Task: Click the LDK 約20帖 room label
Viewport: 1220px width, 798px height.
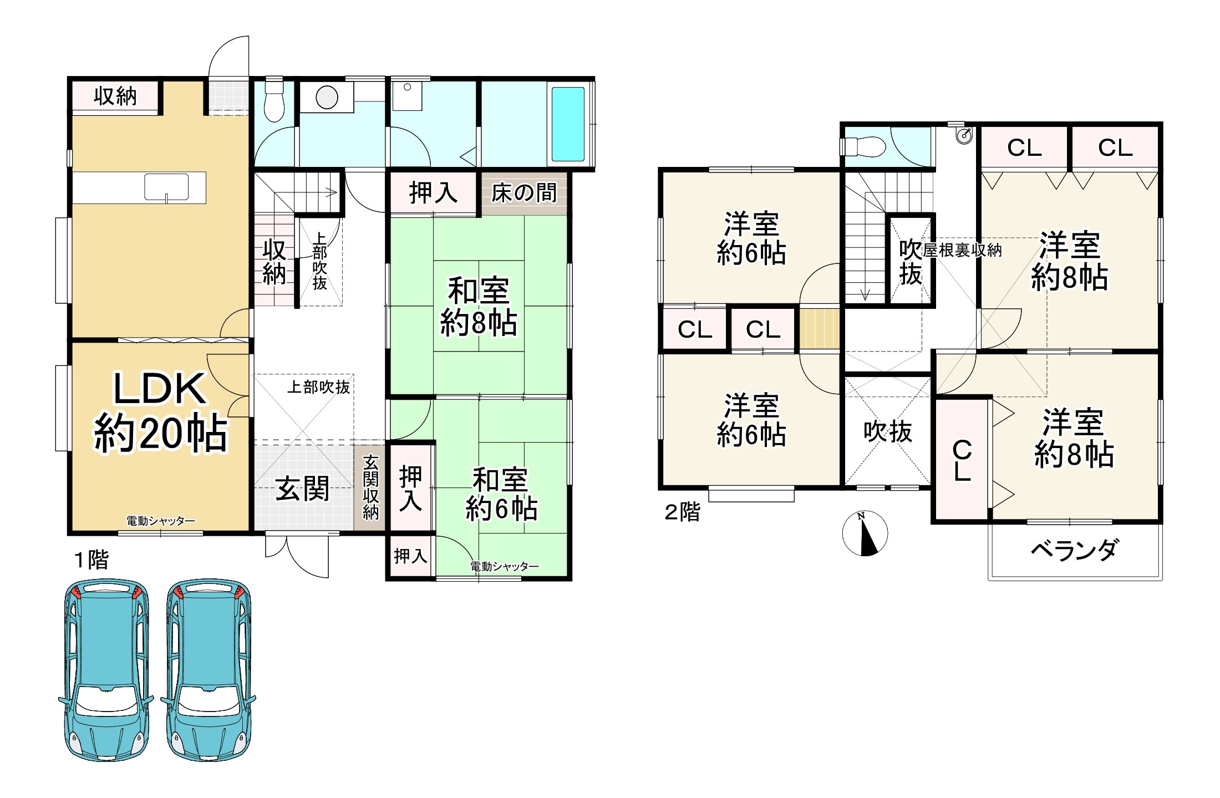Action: tap(161, 412)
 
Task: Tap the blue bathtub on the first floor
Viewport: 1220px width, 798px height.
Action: tap(568, 124)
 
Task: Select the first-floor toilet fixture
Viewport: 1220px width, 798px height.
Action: tap(273, 102)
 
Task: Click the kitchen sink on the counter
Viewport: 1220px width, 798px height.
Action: tap(166, 187)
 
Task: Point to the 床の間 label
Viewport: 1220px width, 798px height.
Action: tap(524, 193)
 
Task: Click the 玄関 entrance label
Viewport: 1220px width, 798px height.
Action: tap(302, 489)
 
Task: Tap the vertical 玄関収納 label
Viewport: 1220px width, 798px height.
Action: tap(370, 487)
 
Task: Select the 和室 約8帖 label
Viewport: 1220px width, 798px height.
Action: tap(479, 307)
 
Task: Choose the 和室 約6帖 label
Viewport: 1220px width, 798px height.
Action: tap(501, 494)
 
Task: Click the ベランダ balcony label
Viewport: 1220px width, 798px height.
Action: tap(1074, 550)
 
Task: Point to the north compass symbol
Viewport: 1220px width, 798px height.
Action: tap(865, 533)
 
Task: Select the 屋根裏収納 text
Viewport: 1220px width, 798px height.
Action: tap(962, 251)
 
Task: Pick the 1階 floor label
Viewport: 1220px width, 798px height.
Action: tap(91, 560)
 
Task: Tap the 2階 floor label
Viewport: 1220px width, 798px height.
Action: tap(682, 512)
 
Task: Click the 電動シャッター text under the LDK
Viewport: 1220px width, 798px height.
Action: tap(161, 521)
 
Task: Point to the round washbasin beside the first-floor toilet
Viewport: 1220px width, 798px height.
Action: tap(327, 98)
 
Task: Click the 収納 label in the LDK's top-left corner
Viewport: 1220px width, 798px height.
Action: tap(115, 96)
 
